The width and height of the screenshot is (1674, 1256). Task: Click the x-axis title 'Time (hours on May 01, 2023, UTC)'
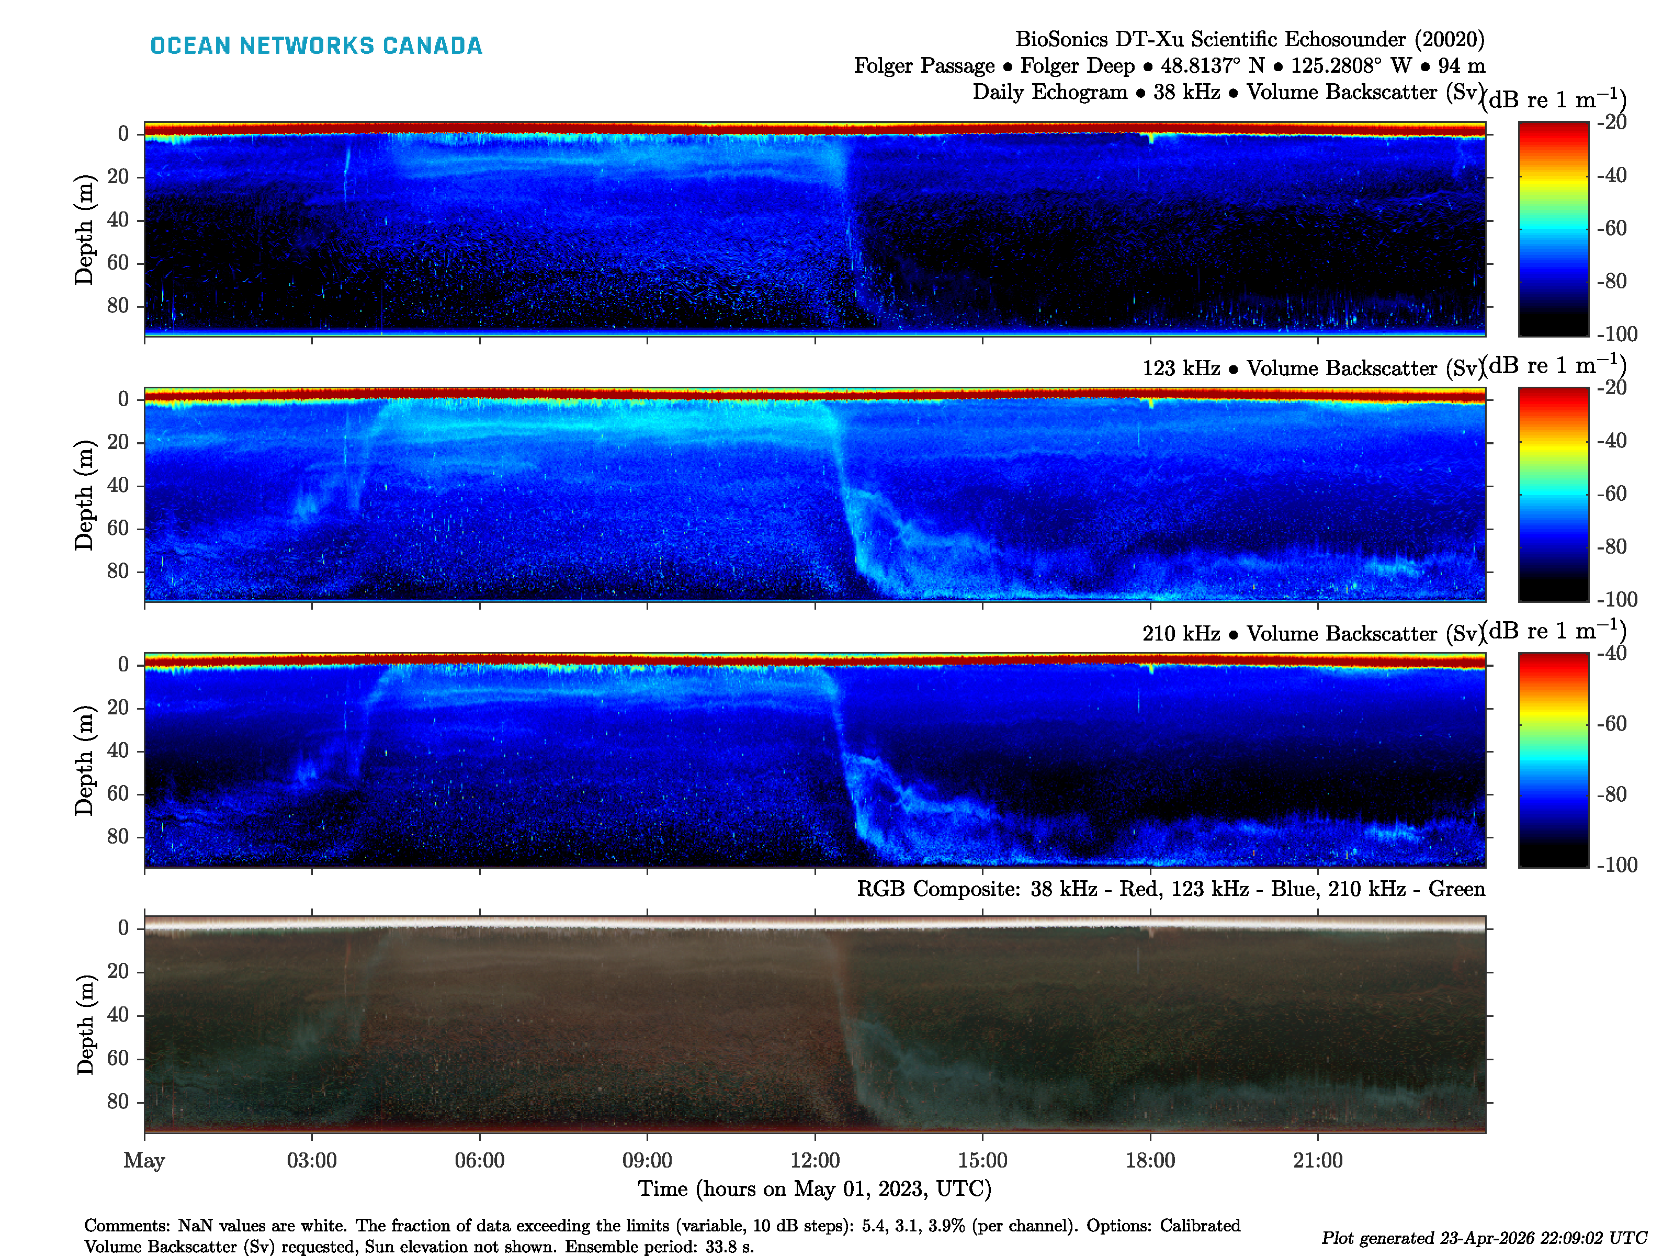click(815, 1188)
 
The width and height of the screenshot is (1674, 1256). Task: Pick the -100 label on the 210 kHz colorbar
click(1616, 865)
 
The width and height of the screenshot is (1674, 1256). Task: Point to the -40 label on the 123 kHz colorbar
click(1612, 441)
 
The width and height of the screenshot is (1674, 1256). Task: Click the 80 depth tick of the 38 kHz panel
click(118, 306)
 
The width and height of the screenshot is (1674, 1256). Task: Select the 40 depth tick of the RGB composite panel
click(118, 1015)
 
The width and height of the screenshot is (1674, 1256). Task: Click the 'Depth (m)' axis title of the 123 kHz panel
click(84, 495)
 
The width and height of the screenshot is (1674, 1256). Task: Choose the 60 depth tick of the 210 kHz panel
click(118, 793)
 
